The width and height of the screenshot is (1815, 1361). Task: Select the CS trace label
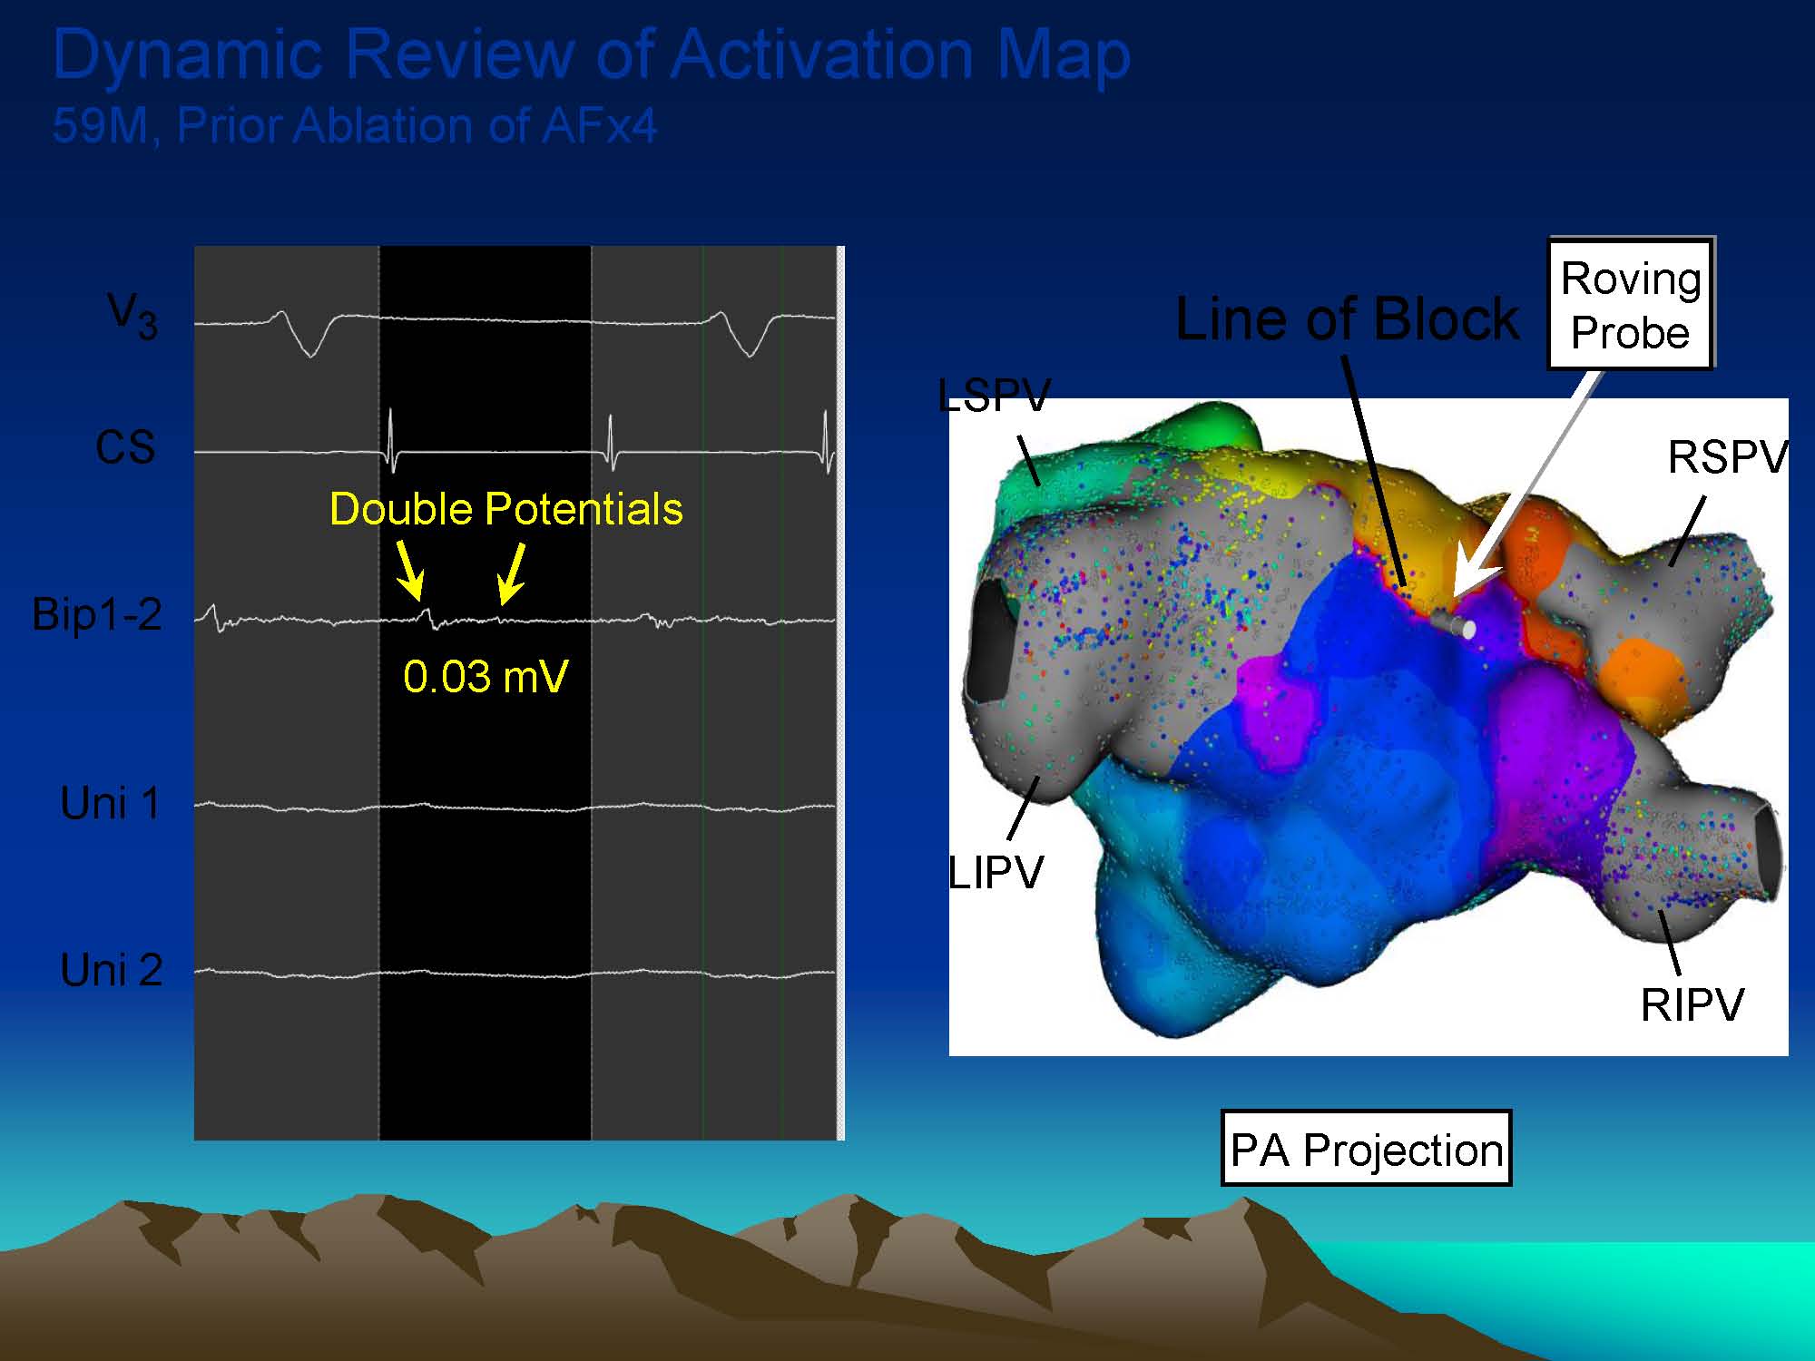125,447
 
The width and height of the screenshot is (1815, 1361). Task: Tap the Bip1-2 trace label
97,614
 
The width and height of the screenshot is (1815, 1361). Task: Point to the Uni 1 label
111,803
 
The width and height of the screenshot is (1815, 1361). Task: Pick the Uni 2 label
111,970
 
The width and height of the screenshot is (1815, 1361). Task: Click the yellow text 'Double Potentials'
506,509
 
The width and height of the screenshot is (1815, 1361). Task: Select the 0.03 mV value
486,677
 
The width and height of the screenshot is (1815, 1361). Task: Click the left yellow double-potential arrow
409,572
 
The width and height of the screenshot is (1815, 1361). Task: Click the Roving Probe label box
1630,304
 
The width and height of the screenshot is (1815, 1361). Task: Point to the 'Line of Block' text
1347,319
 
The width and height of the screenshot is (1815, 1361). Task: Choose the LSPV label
994,396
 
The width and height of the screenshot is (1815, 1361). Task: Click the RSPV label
1728,457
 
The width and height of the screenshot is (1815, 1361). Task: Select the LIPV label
996,873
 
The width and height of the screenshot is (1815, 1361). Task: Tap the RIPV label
1692,1005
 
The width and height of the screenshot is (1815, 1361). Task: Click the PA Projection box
1366,1149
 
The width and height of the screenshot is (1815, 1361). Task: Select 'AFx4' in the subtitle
599,125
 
